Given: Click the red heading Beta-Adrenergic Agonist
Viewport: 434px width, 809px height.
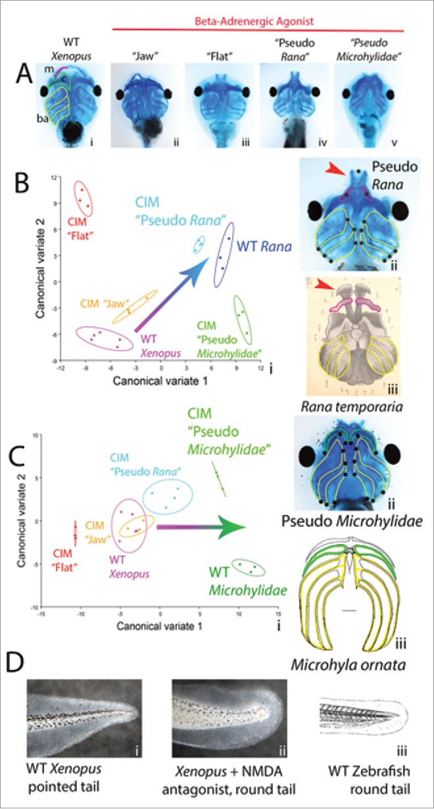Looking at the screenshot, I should point(257,21).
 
